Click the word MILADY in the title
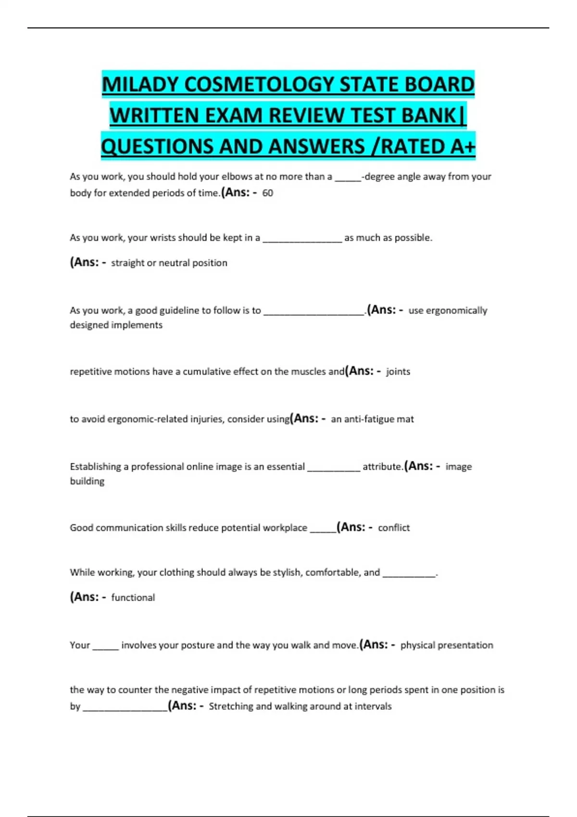(x=139, y=85)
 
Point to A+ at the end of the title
(x=463, y=147)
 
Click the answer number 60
(x=267, y=193)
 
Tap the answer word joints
(x=398, y=371)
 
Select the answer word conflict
(x=394, y=528)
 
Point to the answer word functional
(x=133, y=597)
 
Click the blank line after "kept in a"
(x=302, y=238)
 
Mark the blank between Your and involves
(x=105, y=646)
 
